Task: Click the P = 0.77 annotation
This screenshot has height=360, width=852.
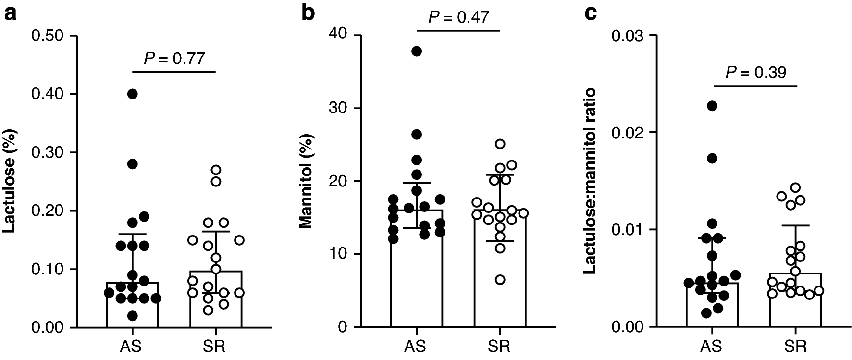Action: tap(174, 59)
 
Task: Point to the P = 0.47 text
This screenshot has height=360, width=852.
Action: tap(458, 17)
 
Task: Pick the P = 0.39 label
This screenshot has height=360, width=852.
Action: tap(755, 73)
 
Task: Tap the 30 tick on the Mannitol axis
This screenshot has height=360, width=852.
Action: tap(338, 109)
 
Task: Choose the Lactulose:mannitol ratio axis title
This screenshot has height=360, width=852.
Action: tap(590, 181)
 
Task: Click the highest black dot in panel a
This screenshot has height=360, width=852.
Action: tap(132, 94)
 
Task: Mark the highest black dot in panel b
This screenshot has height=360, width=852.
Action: tap(417, 51)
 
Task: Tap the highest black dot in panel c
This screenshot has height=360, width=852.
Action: tap(712, 106)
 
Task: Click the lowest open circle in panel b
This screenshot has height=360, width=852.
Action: tap(500, 280)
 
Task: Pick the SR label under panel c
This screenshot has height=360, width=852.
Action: tap(795, 346)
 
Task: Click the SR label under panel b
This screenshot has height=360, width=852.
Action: tap(500, 346)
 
